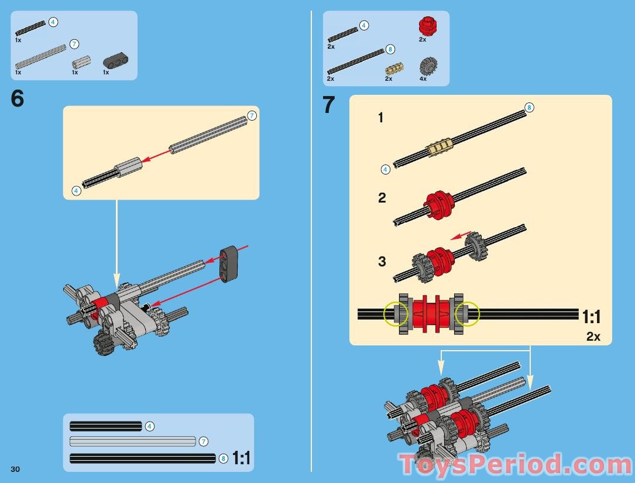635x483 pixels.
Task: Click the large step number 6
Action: tap(18, 98)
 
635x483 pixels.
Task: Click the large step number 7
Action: tap(328, 105)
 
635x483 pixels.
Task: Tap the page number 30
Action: tap(15, 469)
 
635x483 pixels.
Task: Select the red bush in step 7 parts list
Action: tap(426, 26)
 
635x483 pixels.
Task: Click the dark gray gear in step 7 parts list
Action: tap(428, 66)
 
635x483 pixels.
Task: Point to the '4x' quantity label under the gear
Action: tap(423, 78)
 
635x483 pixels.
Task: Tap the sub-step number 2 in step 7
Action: tap(382, 198)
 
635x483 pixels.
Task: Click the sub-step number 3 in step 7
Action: tap(382, 261)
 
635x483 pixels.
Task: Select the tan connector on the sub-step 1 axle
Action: tap(438, 147)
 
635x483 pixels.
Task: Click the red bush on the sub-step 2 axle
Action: tap(439, 205)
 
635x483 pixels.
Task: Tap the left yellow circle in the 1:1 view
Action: tap(396, 314)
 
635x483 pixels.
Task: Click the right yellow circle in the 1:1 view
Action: tap(467, 314)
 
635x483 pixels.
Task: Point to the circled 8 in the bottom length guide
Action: tap(223, 458)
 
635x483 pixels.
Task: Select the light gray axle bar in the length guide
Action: tap(132, 441)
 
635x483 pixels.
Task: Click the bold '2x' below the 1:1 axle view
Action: tap(593, 336)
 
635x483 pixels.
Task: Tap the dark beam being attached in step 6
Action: tap(229, 263)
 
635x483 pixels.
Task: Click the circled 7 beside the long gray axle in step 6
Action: tap(252, 116)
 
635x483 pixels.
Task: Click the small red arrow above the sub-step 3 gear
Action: tap(461, 236)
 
